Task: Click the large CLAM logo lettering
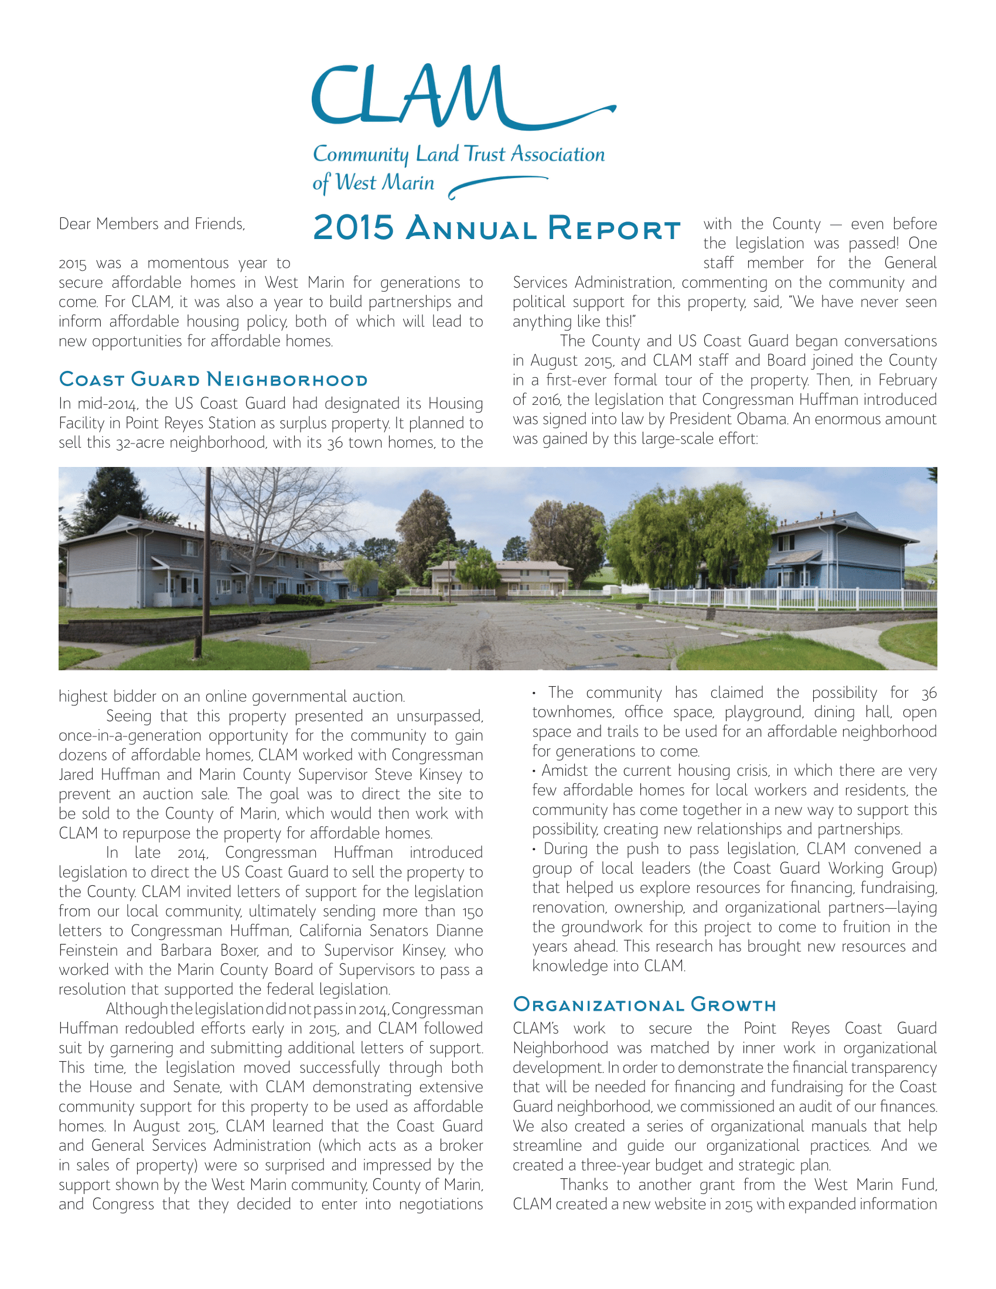[x=407, y=97]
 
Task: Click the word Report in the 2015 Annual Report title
[x=613, y=228]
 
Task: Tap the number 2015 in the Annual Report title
[x=353, y=228]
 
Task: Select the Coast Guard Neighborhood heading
[x=213, y=380]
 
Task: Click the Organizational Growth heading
[x=644, y=1004]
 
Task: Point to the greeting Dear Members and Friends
[x=152, y=224]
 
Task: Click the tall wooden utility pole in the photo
[x=207, y=561]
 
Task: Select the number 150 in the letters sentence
[x=472, y=912]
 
